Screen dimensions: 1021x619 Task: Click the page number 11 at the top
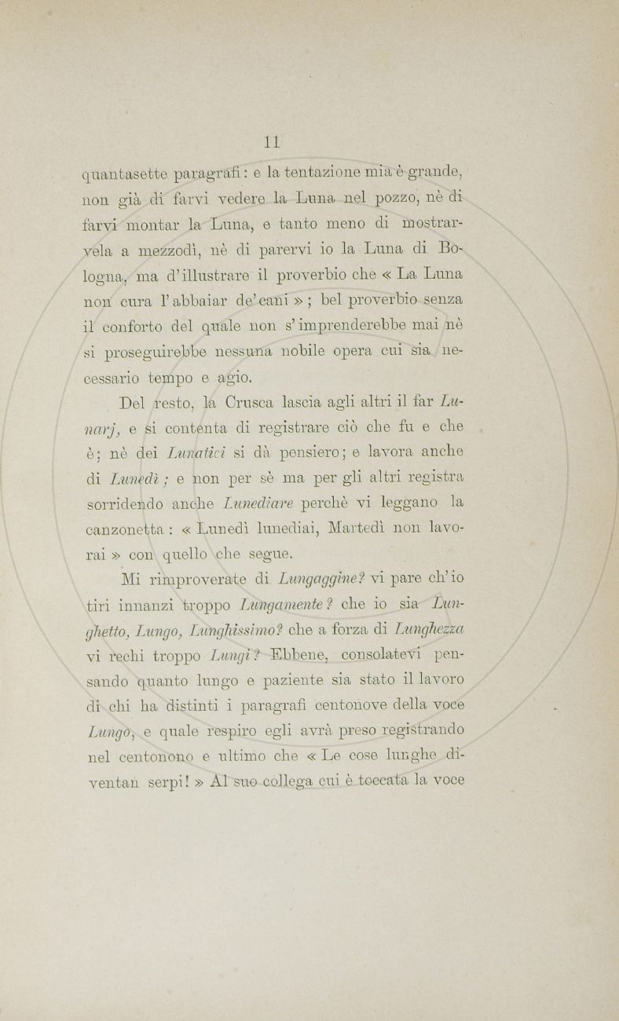pos(273,142)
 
